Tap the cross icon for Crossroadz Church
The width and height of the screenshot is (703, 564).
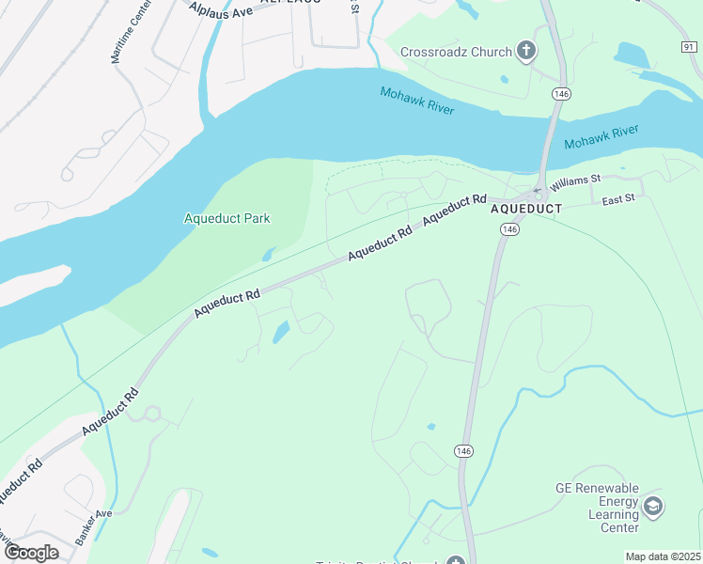coord(527,52)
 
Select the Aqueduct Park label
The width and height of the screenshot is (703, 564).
coord(227,219)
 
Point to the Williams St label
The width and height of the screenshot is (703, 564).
coord(575,180)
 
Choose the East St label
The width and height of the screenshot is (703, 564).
coord(618,199)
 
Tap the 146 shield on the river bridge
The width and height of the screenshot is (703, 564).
coord(561,94)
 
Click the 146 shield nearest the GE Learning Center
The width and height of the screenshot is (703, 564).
coord(463,450)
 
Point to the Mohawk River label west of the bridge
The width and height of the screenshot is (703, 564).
coord(416,101)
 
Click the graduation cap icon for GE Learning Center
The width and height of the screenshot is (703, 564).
coord(653,508)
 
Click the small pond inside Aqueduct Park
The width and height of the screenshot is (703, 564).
coord(269,254)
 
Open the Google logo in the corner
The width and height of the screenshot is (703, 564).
coord(31,552)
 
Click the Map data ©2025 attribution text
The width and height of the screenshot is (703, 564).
coord(663,556)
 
